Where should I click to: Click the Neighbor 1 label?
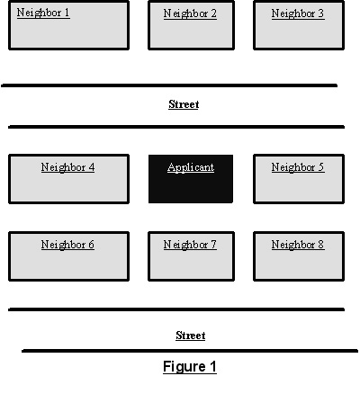pyautogui.click(x=43, y=13)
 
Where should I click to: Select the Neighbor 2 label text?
pyautogui.click(x=190, y=13)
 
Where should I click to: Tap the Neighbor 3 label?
pyautogui.click(x=298, y=13)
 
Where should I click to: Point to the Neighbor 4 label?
pyautogui.click(x=67, y=167)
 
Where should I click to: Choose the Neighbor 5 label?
pyautogui.click(x=298, y=167)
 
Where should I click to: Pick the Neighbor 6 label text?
pyautogui.click(x=67, y=245)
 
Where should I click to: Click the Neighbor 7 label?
pyautogui.click(x=190, y=245)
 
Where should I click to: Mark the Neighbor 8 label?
pyautogui.click(x=298, y=245)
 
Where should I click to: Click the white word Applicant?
pyautogui.click(x=191, y=167)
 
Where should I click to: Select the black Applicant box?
pyautogui.click(x=191, y=179)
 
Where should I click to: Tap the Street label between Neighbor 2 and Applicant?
pyautogui.click(x=184, y=104)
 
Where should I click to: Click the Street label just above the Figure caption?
pyautogui.click(x=191, y=336)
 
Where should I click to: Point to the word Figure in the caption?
pyautogui.click(x=184, y=367)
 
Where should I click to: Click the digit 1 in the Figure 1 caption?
pyautogui.click(x=213, y=366)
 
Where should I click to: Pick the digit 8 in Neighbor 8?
pyautogui.click(x=320, y=245)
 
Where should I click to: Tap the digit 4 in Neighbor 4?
pyautogui.click(x=91, y=167)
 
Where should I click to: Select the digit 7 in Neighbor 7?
pyautogui.click(x=213, y=245)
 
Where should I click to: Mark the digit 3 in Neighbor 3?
pyautogui.click(x=320, y=13)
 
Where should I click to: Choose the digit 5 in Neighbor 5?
pyautogui.click(x=320, y=167)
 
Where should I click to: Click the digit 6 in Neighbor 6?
pyautogui.click(x=91, y=245)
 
